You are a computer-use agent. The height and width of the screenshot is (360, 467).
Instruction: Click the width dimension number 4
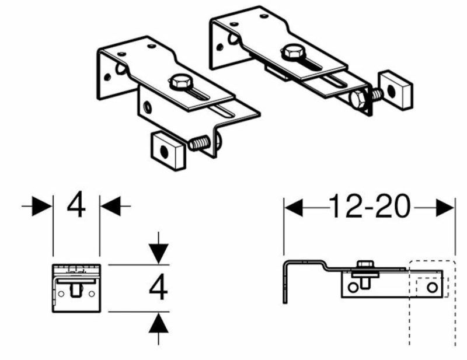pyautogui.click(x=76, y=206)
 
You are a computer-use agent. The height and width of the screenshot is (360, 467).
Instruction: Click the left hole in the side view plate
pyautogui.click(x=352, y=288)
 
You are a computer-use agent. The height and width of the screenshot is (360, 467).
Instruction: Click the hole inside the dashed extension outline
pyautogui.click(x=432, y=288)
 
